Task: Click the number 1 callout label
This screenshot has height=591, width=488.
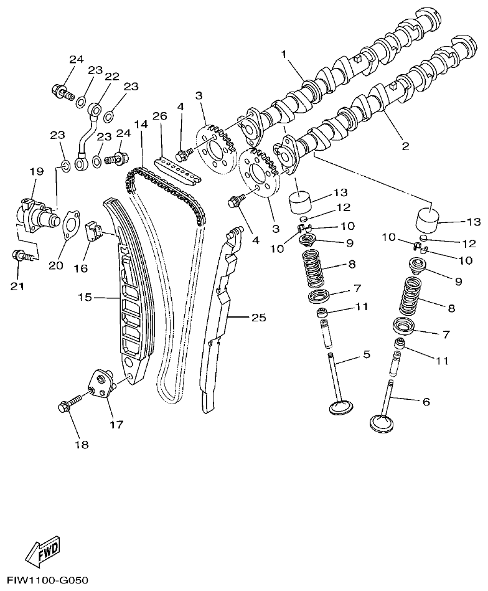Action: (283, 55)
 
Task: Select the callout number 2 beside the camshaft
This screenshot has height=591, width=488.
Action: (405, 146)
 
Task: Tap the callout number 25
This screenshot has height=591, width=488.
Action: (258, 318)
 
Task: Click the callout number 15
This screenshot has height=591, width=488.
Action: (85, 298)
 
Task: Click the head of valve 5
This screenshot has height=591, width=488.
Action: (342, 408)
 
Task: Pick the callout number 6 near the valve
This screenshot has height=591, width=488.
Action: (426, 402)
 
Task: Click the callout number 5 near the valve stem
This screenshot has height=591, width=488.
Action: (367, 355)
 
